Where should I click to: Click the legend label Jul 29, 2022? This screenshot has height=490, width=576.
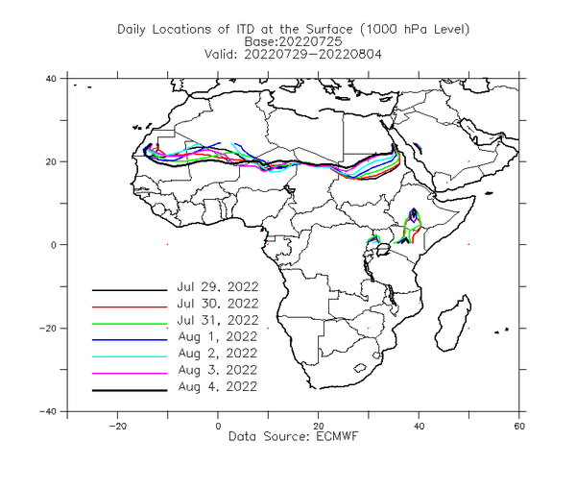[x=218, y=286]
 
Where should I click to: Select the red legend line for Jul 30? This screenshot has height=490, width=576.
[x=130, y=306]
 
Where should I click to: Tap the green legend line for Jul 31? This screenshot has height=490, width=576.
[x=130, y=324]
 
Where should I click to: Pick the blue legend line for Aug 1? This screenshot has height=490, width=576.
[x=130, y=340]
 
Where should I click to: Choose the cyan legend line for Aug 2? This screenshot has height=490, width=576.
[x=130, y=356]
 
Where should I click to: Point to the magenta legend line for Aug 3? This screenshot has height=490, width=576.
[x=130, y=374]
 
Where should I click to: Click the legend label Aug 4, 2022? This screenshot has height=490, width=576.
[x=218, y=386]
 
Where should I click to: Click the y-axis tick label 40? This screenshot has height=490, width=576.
[x=51, y=79]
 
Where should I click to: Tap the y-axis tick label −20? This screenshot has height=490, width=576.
[x=48, y=329]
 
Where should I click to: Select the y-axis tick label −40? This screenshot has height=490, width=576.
[x=48, y=412]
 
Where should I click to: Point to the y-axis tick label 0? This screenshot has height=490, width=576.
[x=54, y=245]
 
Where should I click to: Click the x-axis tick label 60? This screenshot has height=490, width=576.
[x=519, y=427]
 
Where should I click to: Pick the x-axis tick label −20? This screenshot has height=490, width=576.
[x=117, y=427]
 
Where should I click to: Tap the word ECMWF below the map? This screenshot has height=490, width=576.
[x=337, y=436]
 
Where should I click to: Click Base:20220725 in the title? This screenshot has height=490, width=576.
[x=293, y=41]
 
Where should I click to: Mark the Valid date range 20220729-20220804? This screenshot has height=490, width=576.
[x=313, y=55]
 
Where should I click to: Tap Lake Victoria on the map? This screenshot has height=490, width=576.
[x=383, y=250]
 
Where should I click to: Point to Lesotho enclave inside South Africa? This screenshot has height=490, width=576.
[x=360, y=368]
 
